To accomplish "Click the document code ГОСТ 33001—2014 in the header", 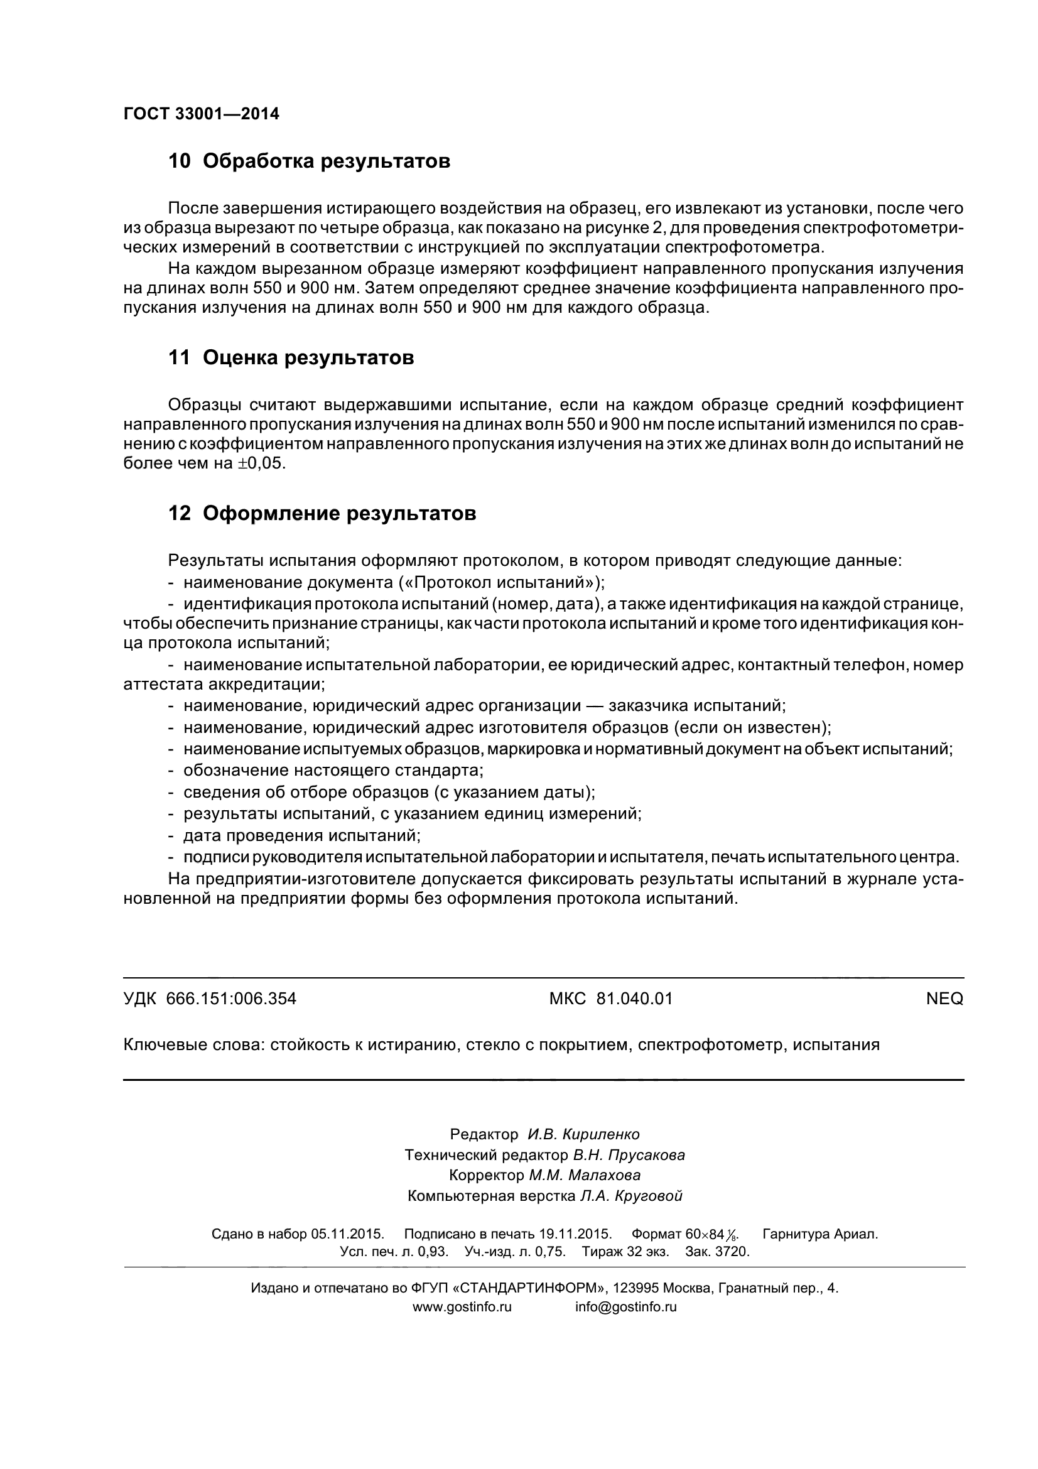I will click(201, 114).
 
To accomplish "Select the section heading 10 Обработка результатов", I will click(309, 161).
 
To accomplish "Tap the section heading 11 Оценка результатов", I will click(291, 357).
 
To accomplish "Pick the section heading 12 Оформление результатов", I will click(322, 513).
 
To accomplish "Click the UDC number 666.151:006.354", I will click(231, 999).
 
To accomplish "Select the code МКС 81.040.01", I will click(611, 999).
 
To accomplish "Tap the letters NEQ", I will click(944, 999).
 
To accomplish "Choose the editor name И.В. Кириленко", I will click(583, 1134).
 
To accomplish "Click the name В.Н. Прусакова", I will click(629, 1155).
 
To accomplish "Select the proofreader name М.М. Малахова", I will click(584, 1175).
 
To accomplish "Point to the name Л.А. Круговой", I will click(630, 1196).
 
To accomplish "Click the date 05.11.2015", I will click(347, 1234).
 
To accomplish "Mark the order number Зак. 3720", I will click(717, 1252).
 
